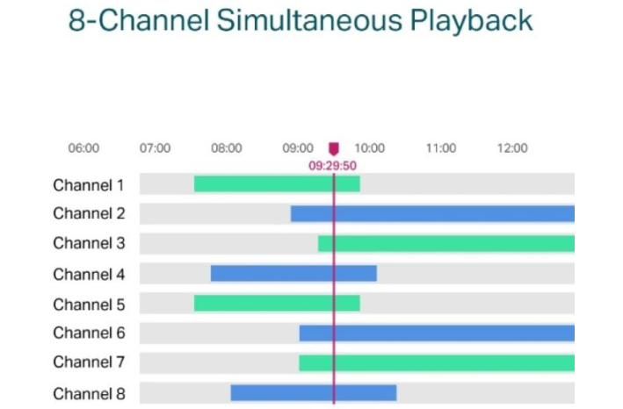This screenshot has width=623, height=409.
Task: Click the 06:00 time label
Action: (83, 148)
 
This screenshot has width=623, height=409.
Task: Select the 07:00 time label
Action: (155, 148)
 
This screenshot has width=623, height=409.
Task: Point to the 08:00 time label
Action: (226, 148)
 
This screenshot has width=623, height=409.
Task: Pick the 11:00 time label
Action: (441, 148)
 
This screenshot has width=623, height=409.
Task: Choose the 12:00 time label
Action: (512, 148)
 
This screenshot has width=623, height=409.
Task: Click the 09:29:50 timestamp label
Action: (333, 164)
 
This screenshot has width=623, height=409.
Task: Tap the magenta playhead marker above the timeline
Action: (333, 149)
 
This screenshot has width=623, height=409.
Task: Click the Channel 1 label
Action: (89, 185)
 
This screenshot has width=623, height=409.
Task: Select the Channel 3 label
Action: (89, 243)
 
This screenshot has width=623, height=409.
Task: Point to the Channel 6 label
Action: (89, 333)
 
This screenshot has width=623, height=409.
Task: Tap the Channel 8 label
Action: (89, 393)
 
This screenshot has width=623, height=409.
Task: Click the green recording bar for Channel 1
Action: (277, 184)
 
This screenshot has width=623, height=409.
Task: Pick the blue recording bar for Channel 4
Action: (293, 274)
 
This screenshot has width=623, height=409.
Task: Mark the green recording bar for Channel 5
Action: (277, 303)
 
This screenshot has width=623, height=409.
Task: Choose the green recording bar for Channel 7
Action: (437, 362)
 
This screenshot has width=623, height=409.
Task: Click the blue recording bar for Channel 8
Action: (313, 392)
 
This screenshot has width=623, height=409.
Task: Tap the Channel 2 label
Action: (89, 213)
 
